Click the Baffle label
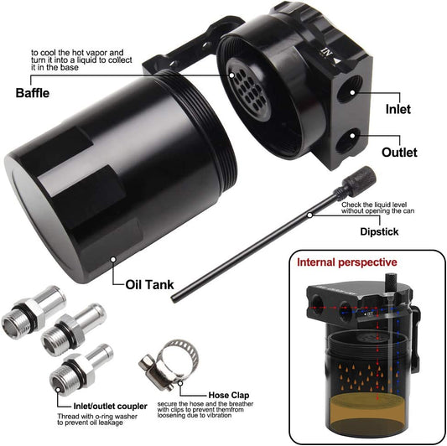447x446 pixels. [x=33, y=93]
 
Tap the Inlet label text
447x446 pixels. [x=398, y=109]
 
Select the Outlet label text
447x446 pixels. [x=399, y=153]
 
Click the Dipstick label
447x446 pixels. [x=379, y=231]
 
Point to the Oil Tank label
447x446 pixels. [x=149, y=285]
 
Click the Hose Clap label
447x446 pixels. [x=229, y=395]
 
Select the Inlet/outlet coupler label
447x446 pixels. [x=111, y=406]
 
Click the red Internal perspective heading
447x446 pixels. [x=347, y=262]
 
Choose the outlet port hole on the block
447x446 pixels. [x=347, y=140]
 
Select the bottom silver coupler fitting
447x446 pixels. [x=81, y=370]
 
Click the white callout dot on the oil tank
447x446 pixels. [x=113, y=259]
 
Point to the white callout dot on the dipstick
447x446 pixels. [x=309, y=215]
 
